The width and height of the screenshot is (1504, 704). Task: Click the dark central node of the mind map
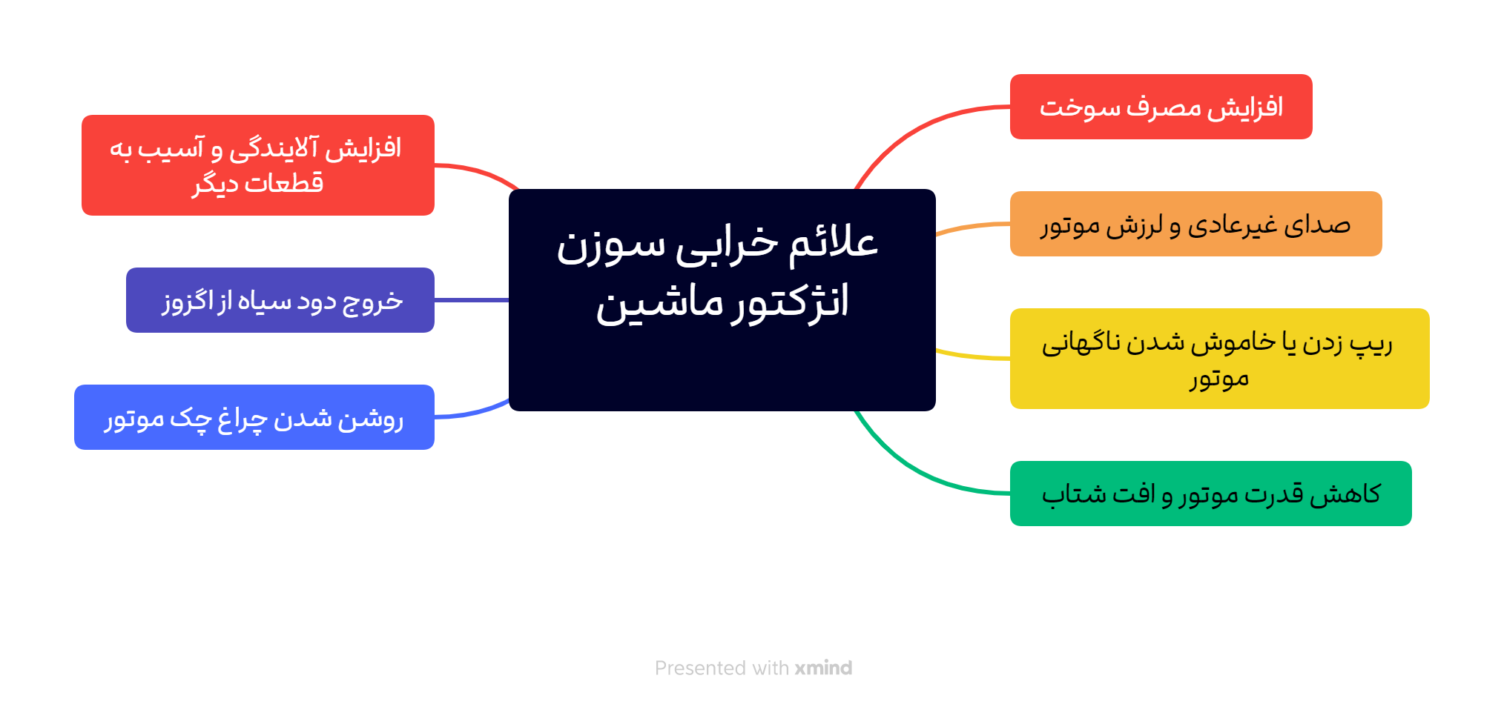722,299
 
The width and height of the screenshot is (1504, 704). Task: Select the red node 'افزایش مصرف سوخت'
1161,107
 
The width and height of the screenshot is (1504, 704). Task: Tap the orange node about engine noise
1195,224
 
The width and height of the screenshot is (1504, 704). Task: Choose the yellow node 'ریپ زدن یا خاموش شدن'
1219,359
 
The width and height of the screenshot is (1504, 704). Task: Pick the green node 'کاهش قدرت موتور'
1210,494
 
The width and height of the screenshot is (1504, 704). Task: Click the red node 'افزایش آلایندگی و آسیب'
257,165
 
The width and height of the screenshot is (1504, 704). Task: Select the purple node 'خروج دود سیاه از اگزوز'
280,300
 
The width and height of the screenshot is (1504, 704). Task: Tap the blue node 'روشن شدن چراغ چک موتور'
254,417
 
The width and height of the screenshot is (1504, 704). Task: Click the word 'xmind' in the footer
823,668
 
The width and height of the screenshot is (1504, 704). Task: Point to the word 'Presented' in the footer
701,668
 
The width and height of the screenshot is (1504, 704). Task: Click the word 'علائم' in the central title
834,243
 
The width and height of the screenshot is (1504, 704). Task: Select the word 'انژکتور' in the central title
791,302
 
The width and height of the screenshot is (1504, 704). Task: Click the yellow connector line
972,356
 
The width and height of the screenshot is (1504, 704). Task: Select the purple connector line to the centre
472,300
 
